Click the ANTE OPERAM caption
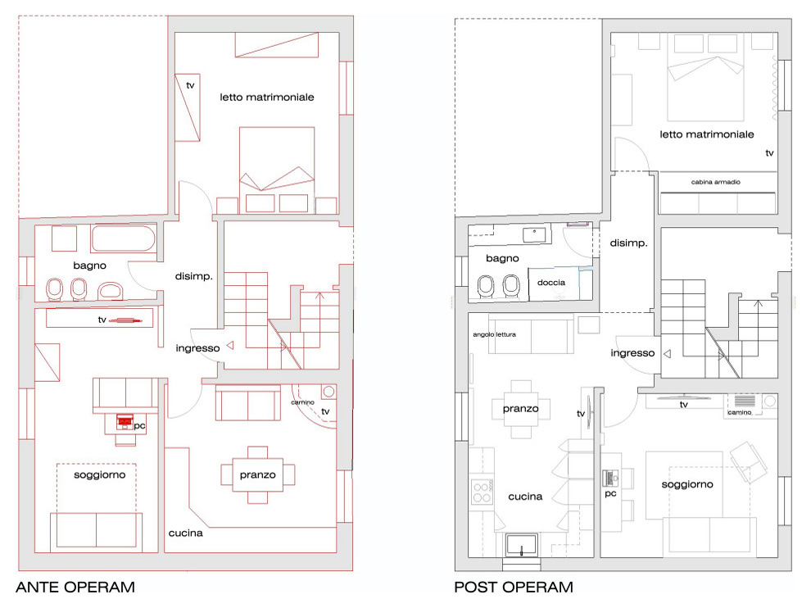[75, 588]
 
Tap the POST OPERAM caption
[514, 588]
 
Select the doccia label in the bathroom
[550, 283]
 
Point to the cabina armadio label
[715, 182]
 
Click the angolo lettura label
[494, 334]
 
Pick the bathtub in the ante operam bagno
[123, 238]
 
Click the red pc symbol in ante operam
[125, 422]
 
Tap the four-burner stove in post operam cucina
[482, 492]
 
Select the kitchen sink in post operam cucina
[521, 545]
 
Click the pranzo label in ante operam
[257, 475]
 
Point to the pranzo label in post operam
[520, 409]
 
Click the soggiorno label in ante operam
[99, 475]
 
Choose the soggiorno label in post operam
[686, 484]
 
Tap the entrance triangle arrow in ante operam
[230, 345]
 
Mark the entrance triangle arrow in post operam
[667, 354]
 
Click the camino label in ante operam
[302, 402]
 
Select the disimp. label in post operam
[628, 243]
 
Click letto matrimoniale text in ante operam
[267, 98]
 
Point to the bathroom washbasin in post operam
[534, 235]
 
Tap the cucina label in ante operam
[186, 533]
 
